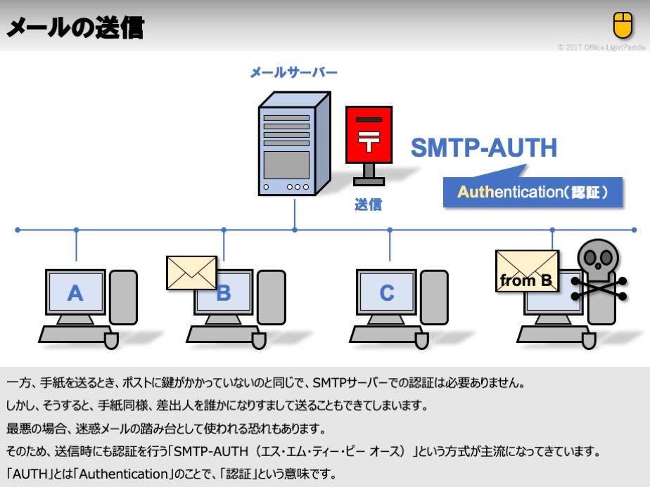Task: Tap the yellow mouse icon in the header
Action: click(x=623, y=25)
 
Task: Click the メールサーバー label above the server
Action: click(x=294, y=73)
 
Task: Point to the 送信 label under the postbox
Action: click(x=368, y=205)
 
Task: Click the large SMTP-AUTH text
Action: click(x=484, y=148)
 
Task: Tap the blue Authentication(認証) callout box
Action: click(x=533, y=192)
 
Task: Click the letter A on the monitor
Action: click(x=75, y=292)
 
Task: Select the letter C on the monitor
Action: click(x=387, y=292)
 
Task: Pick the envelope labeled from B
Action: click(x=527, y=271)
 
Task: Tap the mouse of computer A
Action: click(x=111, y=341)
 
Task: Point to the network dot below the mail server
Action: click(x=295, y=230)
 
